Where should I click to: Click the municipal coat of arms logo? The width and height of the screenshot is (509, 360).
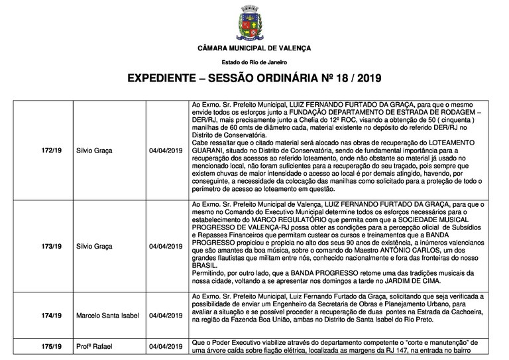[x=254, y=25]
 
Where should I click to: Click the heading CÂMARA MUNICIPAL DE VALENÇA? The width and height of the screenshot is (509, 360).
[x=254, y=50]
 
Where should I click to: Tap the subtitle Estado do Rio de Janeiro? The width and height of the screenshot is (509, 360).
[x=254, y=62]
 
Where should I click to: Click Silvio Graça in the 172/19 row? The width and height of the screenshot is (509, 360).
[x=95, y=150]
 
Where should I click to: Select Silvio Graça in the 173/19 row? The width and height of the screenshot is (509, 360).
[x=95, y=246]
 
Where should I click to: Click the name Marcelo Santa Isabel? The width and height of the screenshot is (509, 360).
[x=108, y=315]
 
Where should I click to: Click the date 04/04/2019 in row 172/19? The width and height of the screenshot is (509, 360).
[x=166, y=150]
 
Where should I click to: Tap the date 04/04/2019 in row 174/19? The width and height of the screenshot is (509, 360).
[x=166, y=315]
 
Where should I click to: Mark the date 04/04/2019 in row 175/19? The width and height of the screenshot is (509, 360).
[x=166, y=346]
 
